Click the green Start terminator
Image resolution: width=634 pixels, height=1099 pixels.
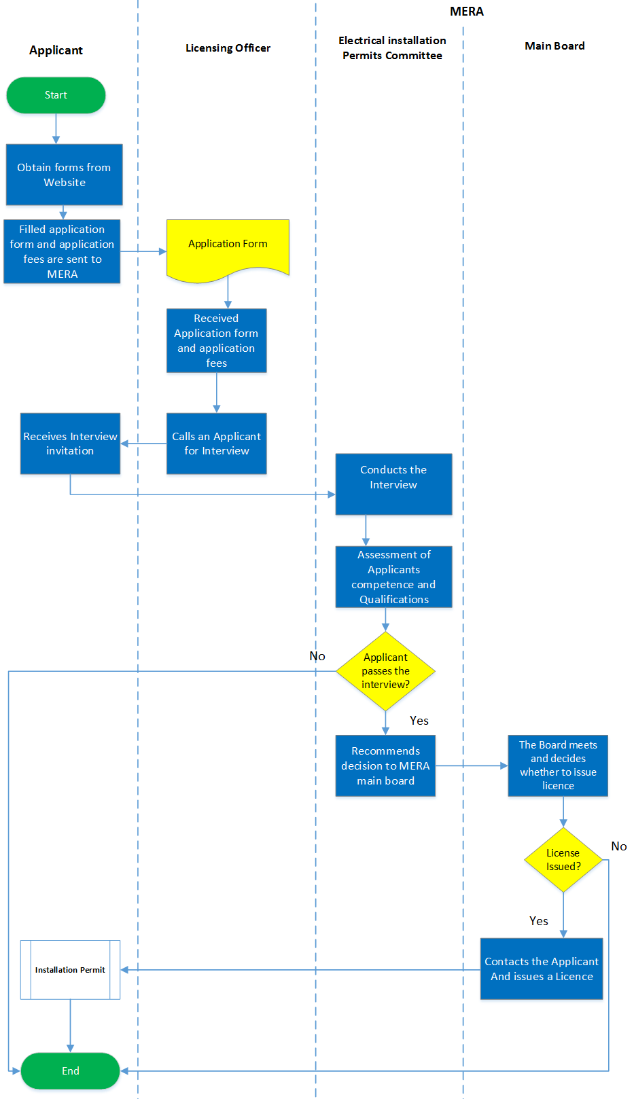click(x=56, y=95)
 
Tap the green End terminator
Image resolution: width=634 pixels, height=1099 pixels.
click(x=70, y=1070)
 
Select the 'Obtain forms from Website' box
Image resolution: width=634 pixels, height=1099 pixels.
click(x=64, y=175)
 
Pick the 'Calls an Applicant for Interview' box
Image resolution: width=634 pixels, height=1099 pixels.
click(x=216, y=444)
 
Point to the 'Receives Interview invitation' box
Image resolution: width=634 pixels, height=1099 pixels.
click(x=70, y=444)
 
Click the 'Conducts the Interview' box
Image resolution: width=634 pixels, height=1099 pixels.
click(x=393, y=484)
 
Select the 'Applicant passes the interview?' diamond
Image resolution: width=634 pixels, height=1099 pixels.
click(x=385, y=671)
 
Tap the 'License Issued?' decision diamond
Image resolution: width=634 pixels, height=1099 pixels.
click(x=563, y=860)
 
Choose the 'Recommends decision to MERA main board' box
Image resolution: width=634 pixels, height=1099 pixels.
click(x=385, y=765)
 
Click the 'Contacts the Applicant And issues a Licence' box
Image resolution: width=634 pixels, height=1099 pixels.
click(x=542, y=969)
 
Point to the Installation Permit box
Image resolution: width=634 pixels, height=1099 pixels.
click(x=70, y=970)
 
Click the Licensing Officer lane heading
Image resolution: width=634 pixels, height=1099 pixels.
click(x=228, y=48)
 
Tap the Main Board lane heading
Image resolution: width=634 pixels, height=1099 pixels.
click(x=554, y=46)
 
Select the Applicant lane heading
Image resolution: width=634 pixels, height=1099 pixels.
click(x=56, y=50)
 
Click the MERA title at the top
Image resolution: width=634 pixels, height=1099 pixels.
click(x=467, y=12)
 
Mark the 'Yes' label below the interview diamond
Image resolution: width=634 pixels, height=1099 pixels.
click(x=419, y=721)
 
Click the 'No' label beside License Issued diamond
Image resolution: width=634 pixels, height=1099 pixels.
click(x=619, y=846)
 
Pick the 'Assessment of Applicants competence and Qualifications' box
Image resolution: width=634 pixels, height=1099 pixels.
click(x=393, y=577)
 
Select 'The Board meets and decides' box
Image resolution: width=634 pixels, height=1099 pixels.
click(x=558, y=765)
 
